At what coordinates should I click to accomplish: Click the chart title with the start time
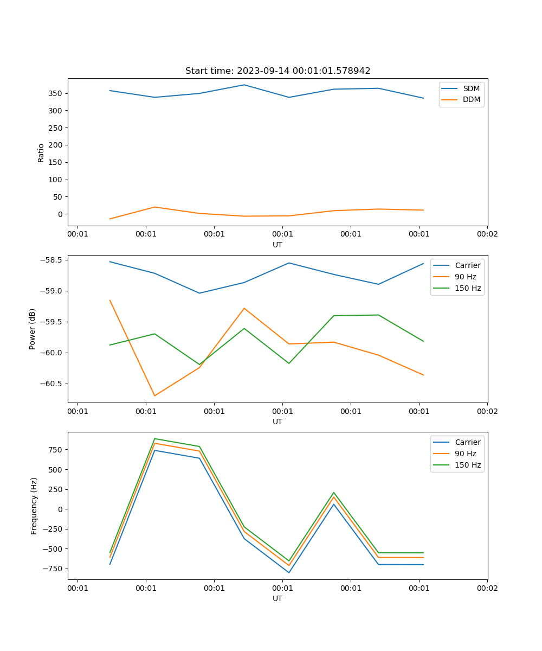[278, 71]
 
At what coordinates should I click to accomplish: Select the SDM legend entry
[471, 88]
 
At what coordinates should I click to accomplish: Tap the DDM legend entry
[471, 99]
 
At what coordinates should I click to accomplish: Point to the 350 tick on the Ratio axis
[56, 93]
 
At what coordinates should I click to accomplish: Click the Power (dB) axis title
[33, 329]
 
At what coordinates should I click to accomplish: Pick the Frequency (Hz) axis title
[34, 506]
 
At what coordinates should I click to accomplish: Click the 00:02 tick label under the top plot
[487, 234]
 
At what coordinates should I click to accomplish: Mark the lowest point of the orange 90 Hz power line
[155, 395]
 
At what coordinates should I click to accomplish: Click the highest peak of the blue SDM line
[244, 85]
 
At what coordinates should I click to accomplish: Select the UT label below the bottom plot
[278, 598]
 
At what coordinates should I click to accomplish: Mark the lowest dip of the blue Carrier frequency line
[289, 572]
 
